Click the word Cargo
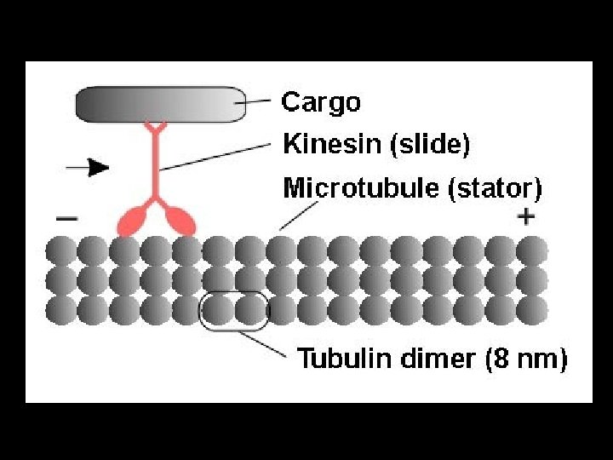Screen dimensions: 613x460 [321, 103]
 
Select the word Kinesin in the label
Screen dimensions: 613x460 [333, 145]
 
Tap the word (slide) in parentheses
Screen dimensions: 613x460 [429, 145]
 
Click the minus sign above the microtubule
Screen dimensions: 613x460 [66, 218]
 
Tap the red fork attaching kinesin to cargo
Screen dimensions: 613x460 [155, 129]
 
